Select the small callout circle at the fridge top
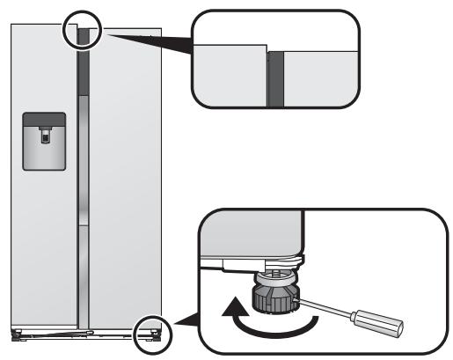[x=84, y=30]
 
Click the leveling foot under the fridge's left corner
[x=16, y=334]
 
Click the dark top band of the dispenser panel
[x=43, y=118]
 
